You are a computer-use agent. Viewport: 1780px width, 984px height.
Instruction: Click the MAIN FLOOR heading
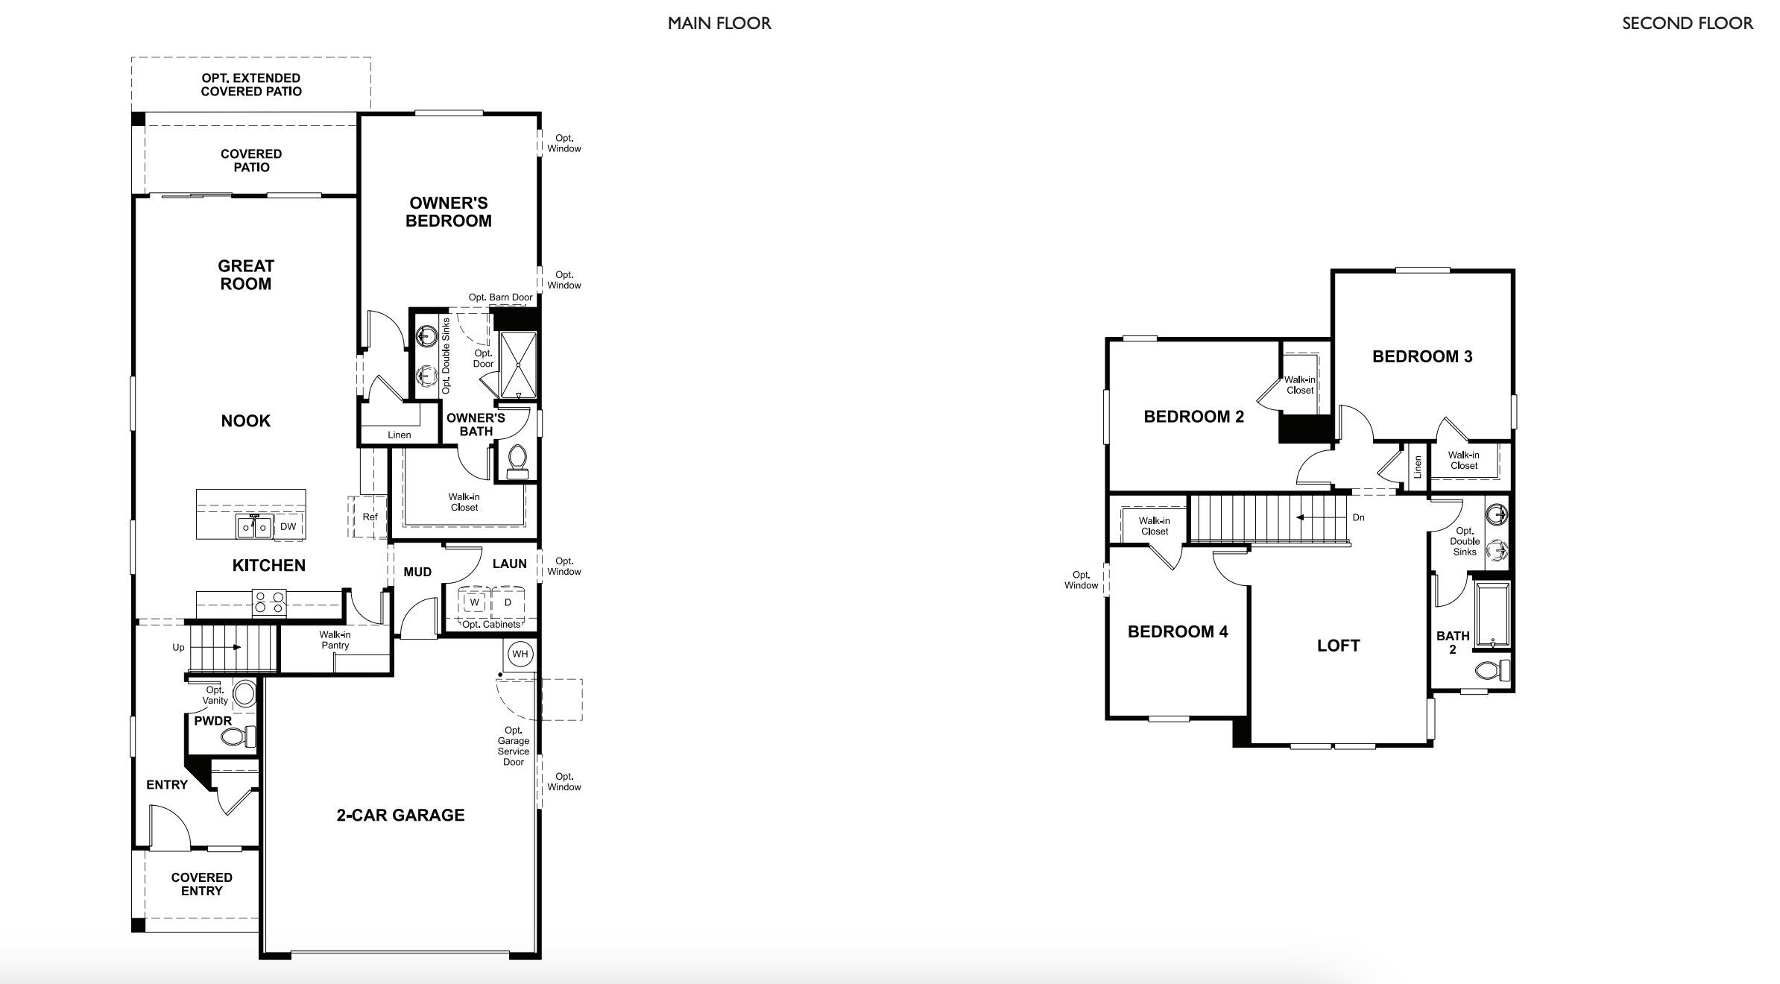[x=719, y=23]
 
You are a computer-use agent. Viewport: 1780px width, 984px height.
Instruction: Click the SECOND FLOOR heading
[x=1688, y=23]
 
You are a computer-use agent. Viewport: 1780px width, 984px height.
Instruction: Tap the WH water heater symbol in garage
[x=520, y=654]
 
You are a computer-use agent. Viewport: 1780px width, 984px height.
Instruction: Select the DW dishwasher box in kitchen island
[x=288, y=526]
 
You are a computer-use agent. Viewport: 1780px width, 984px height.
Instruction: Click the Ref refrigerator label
[x=370, y=517]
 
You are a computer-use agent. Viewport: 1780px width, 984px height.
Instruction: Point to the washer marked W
[x=474, y=602]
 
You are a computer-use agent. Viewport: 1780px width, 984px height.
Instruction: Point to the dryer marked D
[x=508, y=602]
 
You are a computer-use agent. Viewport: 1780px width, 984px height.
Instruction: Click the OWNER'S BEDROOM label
[x=448, y=212]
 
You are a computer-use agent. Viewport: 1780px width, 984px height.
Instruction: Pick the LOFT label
[x=1338, y=646]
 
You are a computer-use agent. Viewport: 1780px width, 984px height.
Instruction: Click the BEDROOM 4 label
[x=1178, y=632]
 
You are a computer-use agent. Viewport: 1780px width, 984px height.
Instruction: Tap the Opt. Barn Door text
[x=500, y=297]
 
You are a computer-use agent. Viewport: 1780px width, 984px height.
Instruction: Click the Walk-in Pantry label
[x=335, y=640]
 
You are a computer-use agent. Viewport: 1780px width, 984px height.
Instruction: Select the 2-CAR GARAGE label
[x=400, y=815]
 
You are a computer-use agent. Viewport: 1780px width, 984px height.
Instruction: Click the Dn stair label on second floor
[x=1358, y=517]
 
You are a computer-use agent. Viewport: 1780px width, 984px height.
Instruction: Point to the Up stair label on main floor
[x=178, y=647]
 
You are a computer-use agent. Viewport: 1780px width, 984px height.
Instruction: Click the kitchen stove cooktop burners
[x=269, y=602]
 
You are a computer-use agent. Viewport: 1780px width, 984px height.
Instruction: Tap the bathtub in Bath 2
[x=1492, y=616]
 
